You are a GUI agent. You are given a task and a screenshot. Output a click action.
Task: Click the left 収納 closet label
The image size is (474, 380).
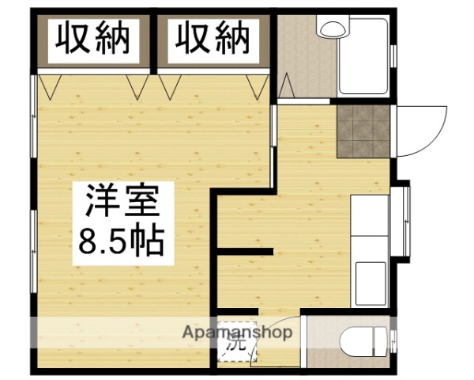tap(92, 37)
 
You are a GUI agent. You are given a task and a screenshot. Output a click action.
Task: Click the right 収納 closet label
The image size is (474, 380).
tap(211, 37)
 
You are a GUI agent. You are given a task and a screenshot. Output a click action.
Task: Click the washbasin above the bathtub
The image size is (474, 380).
tap(331, 28)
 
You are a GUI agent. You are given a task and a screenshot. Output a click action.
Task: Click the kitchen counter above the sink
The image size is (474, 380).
tap(371, 214)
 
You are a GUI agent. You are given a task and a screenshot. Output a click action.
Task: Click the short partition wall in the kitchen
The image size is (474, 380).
tap(246, 253)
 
